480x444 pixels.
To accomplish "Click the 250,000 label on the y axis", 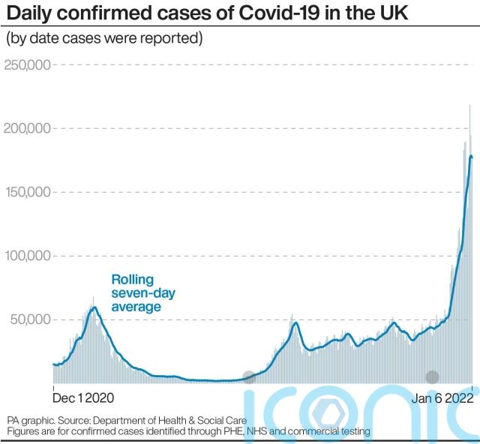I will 27,64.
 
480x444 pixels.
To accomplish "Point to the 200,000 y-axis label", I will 27,128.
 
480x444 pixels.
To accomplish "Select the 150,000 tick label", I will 27,192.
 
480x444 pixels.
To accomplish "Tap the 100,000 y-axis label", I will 27,256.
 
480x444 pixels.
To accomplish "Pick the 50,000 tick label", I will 30,319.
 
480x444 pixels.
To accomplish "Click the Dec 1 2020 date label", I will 82,399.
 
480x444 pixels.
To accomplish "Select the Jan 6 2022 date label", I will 443,399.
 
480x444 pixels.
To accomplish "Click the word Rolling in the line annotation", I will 133,278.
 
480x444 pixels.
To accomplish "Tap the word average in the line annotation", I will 136,306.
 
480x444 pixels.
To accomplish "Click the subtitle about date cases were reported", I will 105,37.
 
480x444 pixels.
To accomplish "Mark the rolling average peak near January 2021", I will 93,307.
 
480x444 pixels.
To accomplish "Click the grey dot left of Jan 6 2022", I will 432,377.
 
